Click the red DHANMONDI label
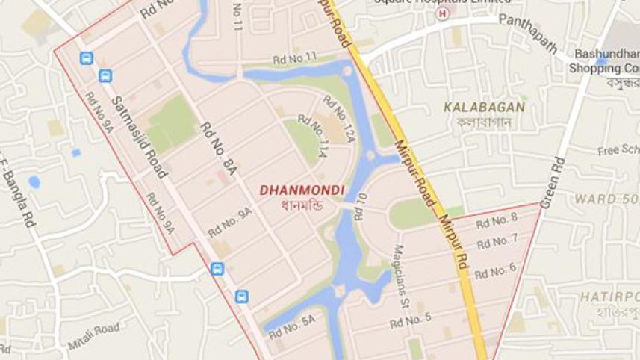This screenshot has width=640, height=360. click(302, 190)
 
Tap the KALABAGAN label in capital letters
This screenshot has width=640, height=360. click(484, 107)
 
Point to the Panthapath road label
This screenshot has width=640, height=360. click(528, 33)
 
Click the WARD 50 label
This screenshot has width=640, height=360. click(606, 199)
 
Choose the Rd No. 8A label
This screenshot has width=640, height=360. click(218, 148)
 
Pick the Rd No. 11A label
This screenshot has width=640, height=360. click(314, 136)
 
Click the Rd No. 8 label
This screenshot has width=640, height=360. click(496, 220)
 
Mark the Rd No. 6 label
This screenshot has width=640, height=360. click(494, 270)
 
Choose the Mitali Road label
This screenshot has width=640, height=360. click(93, 335)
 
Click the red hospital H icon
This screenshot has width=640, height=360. click(444, 14)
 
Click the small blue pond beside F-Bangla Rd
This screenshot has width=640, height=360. click(34, 181)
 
